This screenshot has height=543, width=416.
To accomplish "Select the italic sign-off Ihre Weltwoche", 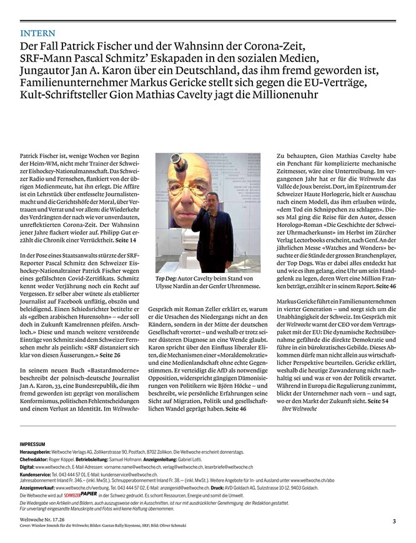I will click(x=300, y=408).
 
